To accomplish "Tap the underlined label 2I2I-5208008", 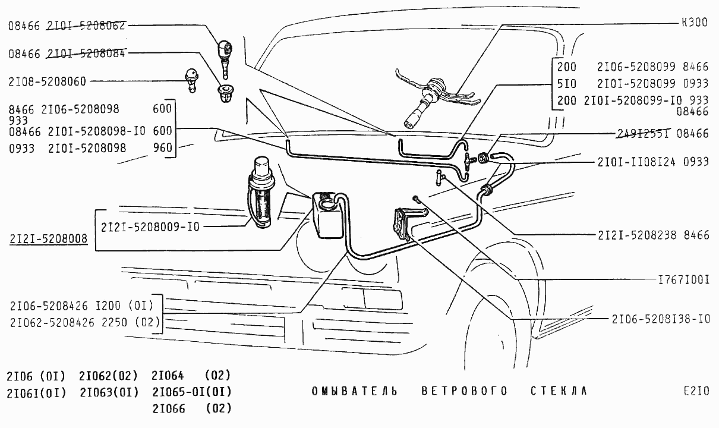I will (x=48, y=239).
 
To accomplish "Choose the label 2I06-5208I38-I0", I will (x=661, y=319).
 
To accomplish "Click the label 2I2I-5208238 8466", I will (x=654, y=235).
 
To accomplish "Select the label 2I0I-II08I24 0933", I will (x=653, y=162).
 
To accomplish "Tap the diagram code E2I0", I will (x=696, y=391).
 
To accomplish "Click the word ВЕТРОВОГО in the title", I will (x=465, y=391).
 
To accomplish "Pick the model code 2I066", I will (x=169, y=409).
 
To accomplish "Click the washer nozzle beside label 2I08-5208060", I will (x=191, y=79).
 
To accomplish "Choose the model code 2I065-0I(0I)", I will (x=191, y=392).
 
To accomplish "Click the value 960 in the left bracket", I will (x=162, y=147).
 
